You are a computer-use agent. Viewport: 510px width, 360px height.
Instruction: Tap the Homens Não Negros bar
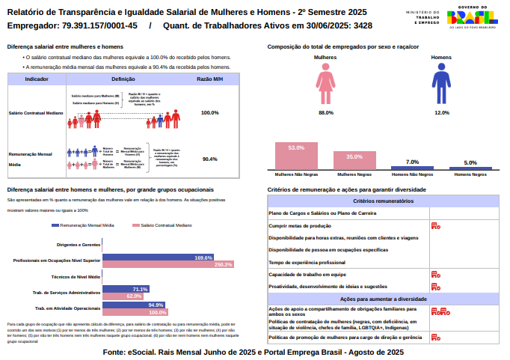pyautogui.click(x=412, y=168)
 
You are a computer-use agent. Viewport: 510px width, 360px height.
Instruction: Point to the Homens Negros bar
pyautogui.click(x=470, y=169)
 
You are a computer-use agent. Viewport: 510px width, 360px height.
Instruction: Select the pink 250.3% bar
pyautogui.click(x=168, y=264)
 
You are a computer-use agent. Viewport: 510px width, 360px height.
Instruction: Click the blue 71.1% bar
pyautogui.click(x=126, y=289)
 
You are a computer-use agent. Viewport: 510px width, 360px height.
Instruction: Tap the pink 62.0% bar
pyautogui.click(x=123, y=296)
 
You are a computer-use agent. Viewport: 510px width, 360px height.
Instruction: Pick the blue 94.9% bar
pyautogui.click(x=133, y=305)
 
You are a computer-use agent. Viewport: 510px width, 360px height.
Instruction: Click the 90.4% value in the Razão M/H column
pyautogui.click(x=209, y=159)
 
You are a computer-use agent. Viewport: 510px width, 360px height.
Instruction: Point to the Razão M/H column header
pyautogui.click(x=209, y=79)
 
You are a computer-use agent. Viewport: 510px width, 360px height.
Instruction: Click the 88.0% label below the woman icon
pyautogui.click(x=326, y=112)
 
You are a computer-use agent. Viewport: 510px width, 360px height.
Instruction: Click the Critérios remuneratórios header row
pyautogui.click(x=384, y=201)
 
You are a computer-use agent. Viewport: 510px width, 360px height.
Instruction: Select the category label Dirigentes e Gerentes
pyautogui.click(x=79, y=245)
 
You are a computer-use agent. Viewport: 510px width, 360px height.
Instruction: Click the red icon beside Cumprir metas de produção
pyautogui.click(x=435, y=225)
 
